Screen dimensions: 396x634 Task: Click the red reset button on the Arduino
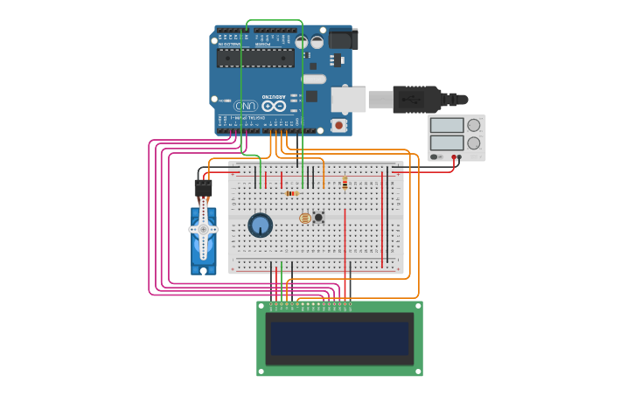(338, 126)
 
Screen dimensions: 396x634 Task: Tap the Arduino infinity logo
(274, 106)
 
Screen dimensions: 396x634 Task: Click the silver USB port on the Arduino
(348, 99)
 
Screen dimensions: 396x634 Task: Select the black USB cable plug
(421, 99)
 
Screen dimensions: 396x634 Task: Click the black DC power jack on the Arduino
(341, 39)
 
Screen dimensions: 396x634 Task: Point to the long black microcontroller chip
(255, 58)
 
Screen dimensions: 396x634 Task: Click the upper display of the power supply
(447, 124)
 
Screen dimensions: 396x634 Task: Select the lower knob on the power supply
(474, 142)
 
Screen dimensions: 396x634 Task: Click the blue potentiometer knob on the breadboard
(260, 225)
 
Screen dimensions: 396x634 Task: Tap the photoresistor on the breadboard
(304, 218)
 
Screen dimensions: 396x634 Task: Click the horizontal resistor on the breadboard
(291, 193)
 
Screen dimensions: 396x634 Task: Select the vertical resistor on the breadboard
(345, 184)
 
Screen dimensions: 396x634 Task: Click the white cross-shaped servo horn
(204, 229)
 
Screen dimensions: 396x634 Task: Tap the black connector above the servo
(203, 187)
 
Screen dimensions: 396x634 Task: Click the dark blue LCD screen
(339, 338)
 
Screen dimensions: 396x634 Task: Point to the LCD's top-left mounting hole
(261, 306)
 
